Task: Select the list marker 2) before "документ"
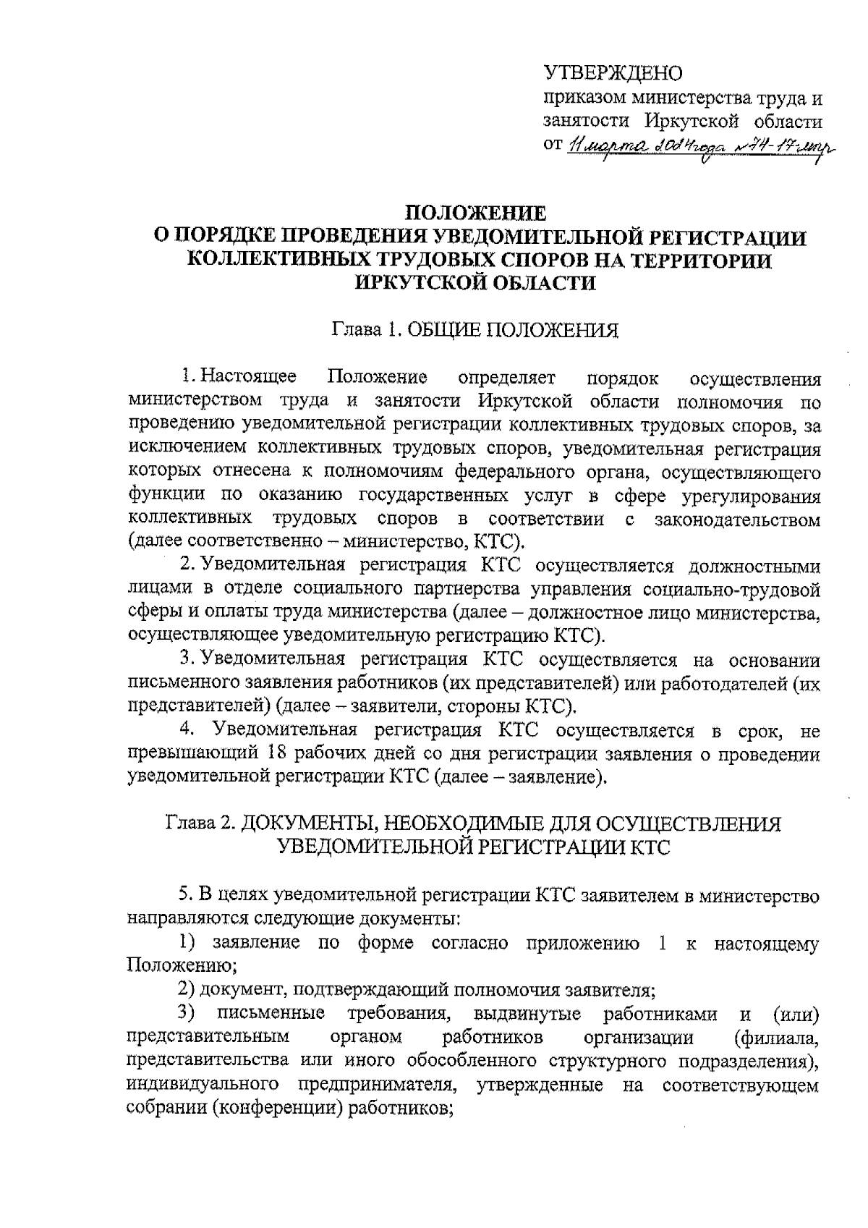[188, 989]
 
